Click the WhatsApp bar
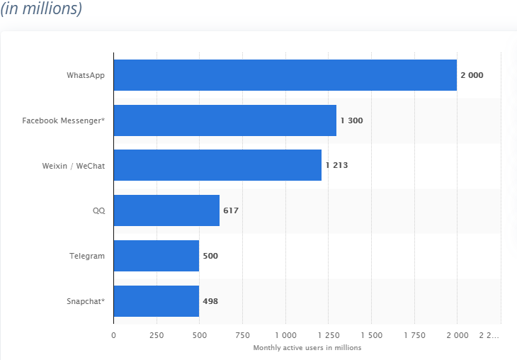pyautogui.click(x=285, y=75)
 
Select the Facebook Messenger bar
pyautogui.click(x=225, y=120)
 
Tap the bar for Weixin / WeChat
pyautogui.click(x=217, y=165)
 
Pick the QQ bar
pyautogui.click(x=166, y=210)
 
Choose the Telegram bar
pyautogui.click(x=157, y=256)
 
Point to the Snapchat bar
pyautogui.click(x=157, y=301)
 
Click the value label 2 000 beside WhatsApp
pyautogui.click(x=472, y=75)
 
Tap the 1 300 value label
pyautogui.click(x=352, y=120)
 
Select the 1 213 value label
pyautogui.click(x=336, y=165)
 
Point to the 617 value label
pyautogui.click(x=231, y=210)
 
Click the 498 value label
pyautogui.click(x=210, y=301)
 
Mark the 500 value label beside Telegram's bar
pyautogui.click(x=210, y=256)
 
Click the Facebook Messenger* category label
pyautogui.click(x=63, y=120)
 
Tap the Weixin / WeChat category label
pyautogui.click(x=74, y=166)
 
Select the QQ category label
pyautogui.click(x=99, y=210)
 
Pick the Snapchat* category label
pyautogui.click(x=86, y=301)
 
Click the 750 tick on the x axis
pyautogui.click(x=242, y=335)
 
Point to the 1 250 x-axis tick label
pyautogui.click(x=329, y=335)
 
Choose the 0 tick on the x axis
pyautogui.click(x=114, y=335)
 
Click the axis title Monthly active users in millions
pyautogui.click(x=307, y=348)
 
